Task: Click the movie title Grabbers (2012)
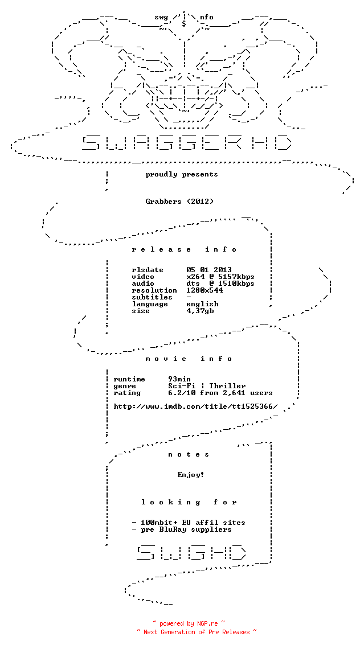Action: (x=180, y=202)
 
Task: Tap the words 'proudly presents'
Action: (x=182, y=174)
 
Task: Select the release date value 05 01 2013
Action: (x=209, y=270)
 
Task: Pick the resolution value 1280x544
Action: (x=204, y=290)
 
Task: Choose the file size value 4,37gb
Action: (x=200, y=311)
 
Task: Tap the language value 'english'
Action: (x=203, y=304)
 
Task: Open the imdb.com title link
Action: (x=195, y=406)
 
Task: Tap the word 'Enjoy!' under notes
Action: (x=191, y=475)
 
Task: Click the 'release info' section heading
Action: (x=184, y=249)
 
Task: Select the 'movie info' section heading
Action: (x=189, y=359)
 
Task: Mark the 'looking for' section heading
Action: (x=189, y=502)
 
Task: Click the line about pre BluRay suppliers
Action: (x=182, y=529)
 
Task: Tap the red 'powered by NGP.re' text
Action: (x=189, y=623)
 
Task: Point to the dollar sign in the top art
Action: (x=184, y=23)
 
